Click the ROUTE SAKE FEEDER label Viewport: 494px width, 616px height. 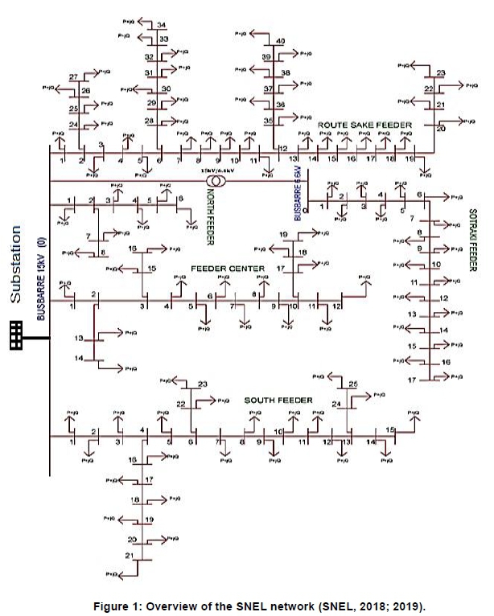point(364,126)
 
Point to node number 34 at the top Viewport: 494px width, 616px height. point(163,25)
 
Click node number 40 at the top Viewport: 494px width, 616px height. point(280,41)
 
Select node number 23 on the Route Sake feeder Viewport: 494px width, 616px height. point(441,73)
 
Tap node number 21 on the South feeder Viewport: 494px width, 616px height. point(129,556)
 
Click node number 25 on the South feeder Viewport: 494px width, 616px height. point(353,384)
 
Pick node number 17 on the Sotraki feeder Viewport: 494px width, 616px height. point(411,379)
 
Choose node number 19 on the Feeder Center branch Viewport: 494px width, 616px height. point(284,234)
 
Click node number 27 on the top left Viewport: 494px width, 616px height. point(73,77)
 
